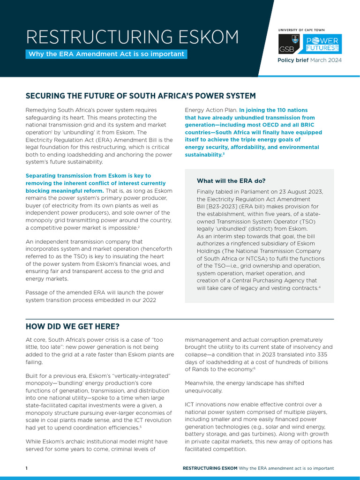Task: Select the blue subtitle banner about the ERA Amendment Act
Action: pyautogui.click(x=106, y=54)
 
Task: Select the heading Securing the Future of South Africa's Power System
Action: pyautogui.click(x=141, y=96)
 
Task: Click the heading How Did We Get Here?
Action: pyautogui.click(x=72, y=326)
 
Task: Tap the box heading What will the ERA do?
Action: pyautogui.click(x=231, y=181)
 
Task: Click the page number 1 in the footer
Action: pyautogui.click(x=27, y=468)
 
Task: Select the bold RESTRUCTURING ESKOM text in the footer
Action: pyautogui.click(x=210, y=468)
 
